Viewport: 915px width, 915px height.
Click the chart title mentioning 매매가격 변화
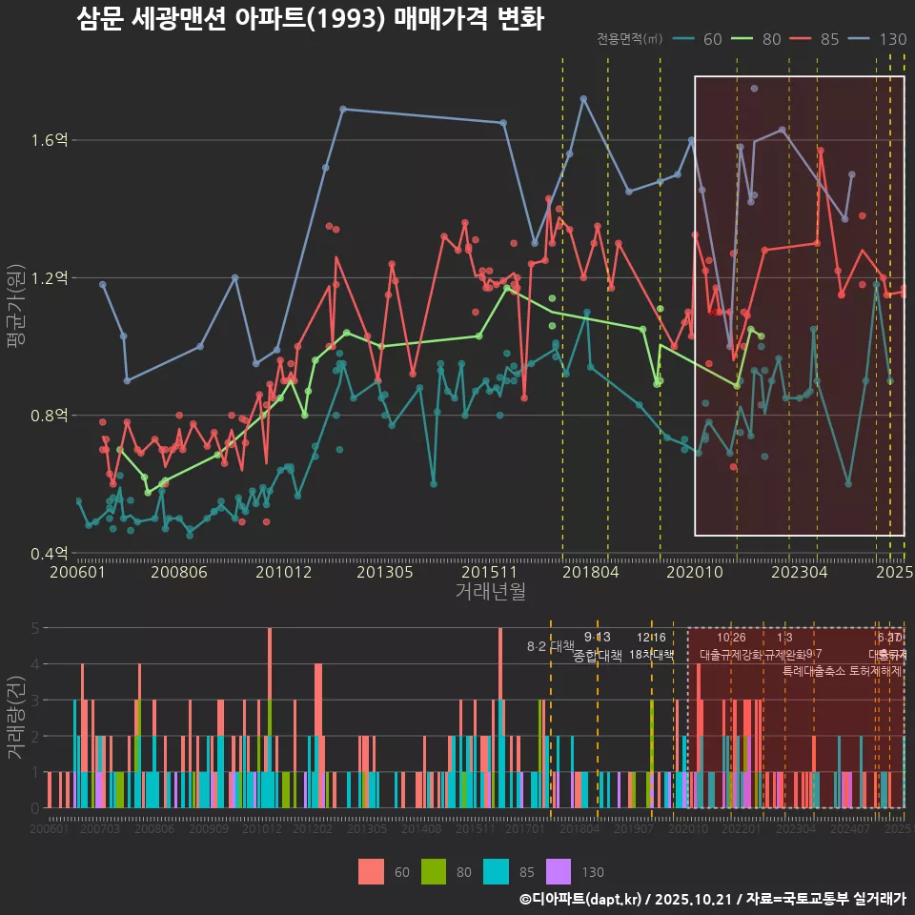(x=310, y=19)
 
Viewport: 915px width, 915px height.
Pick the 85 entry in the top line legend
(x=828, y=39)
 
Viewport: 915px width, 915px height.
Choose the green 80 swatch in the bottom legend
(x=434, y=871)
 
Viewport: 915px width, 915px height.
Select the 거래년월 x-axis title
(x=490, y=592)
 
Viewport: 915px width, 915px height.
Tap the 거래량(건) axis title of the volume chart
(x=15, y=718)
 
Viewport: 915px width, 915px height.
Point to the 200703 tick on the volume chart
(x=100, y=830)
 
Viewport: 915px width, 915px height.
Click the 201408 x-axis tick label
(x=420, y=830)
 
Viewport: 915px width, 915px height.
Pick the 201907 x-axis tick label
(x=634, y=830)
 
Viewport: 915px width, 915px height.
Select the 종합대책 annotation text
(x=598, y=655)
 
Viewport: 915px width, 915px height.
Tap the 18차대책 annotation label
(x=652, y=655)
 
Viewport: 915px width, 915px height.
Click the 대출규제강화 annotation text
(x=731, y=655)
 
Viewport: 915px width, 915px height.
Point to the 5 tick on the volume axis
(x=35, y=628)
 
